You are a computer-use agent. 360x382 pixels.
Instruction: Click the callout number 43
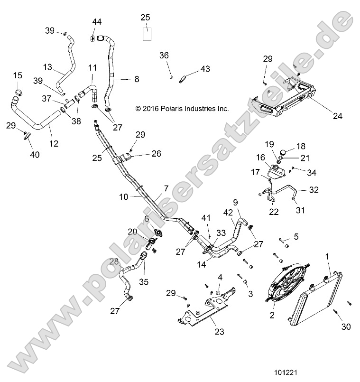coord(204,69)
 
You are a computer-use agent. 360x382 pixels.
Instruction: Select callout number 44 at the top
coord(97,22)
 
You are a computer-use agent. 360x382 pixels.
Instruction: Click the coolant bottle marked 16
coord(274,171)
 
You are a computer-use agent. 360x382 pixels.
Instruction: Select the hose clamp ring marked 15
coord(17,91)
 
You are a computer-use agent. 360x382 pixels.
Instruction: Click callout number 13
coord(47,67)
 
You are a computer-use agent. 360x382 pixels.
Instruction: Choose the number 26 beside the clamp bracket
coord(156,153)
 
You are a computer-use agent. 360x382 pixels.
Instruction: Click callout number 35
coord(143,282)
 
